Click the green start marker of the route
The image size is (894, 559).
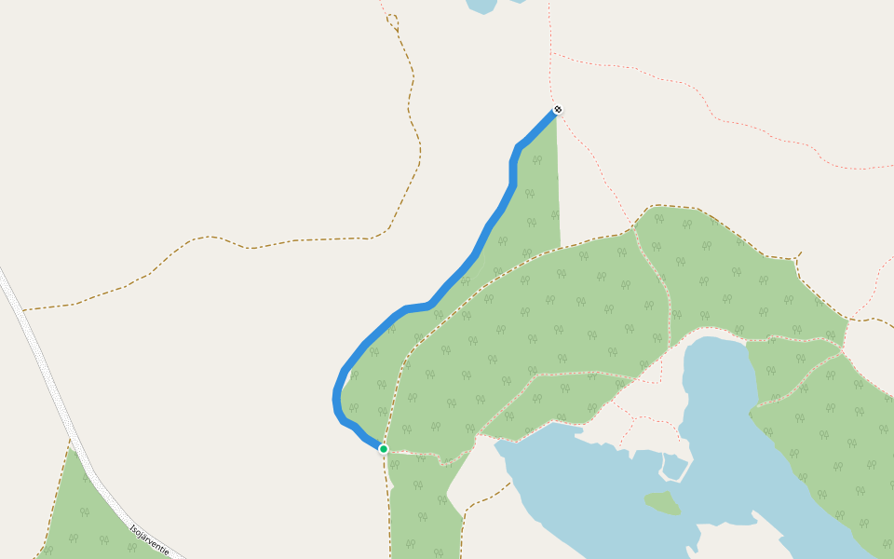coord(383,448)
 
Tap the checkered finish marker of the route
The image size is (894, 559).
coord(557,110)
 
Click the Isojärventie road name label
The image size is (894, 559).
coord(149,538)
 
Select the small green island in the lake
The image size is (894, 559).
coord(662,502)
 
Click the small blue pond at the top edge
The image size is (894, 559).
coord(481,6)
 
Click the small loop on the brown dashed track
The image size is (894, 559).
coord(393,20)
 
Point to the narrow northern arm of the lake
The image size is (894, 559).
coord(717,373)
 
